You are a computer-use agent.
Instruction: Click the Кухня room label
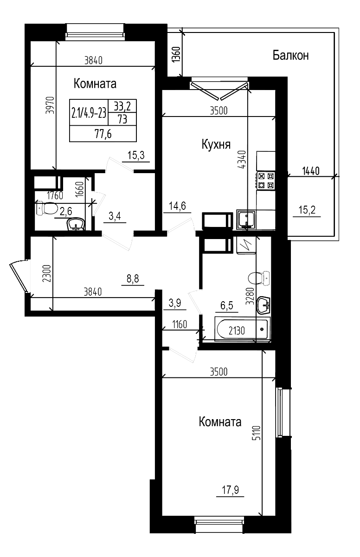point(216,145)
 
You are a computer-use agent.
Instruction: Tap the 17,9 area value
point(230,490)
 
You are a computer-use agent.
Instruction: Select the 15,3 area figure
point(136,155)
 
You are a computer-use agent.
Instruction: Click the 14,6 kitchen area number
point(177,206)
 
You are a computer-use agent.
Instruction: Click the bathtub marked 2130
point(242,330)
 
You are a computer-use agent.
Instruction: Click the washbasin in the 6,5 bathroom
point(264,304)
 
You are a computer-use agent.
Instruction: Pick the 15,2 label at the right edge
point(307,210)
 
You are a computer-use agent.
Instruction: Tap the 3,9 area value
point(175,304)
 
